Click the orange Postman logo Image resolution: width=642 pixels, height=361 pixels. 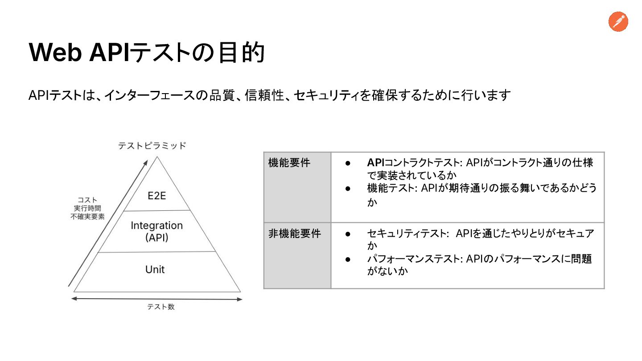[x=618, y=22]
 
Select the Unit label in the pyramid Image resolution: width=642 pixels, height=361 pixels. [x=155, y=270]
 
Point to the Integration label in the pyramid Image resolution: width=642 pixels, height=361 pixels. [x=156, y=226]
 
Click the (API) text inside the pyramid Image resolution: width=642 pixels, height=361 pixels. [x=156, y=238]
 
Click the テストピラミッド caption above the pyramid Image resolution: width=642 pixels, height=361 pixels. [x=152, y=146]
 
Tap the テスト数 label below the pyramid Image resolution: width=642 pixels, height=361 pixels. [x=161, y=307]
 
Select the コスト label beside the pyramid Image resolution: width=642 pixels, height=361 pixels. [x=88, y=200]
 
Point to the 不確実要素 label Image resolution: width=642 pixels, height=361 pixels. [x=88, y=217]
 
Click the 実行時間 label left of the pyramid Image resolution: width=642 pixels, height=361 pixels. [x=88, y=208]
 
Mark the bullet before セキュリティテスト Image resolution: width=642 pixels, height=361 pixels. [x=349, y=234]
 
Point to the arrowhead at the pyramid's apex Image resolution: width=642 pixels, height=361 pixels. [x=145, y=162]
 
